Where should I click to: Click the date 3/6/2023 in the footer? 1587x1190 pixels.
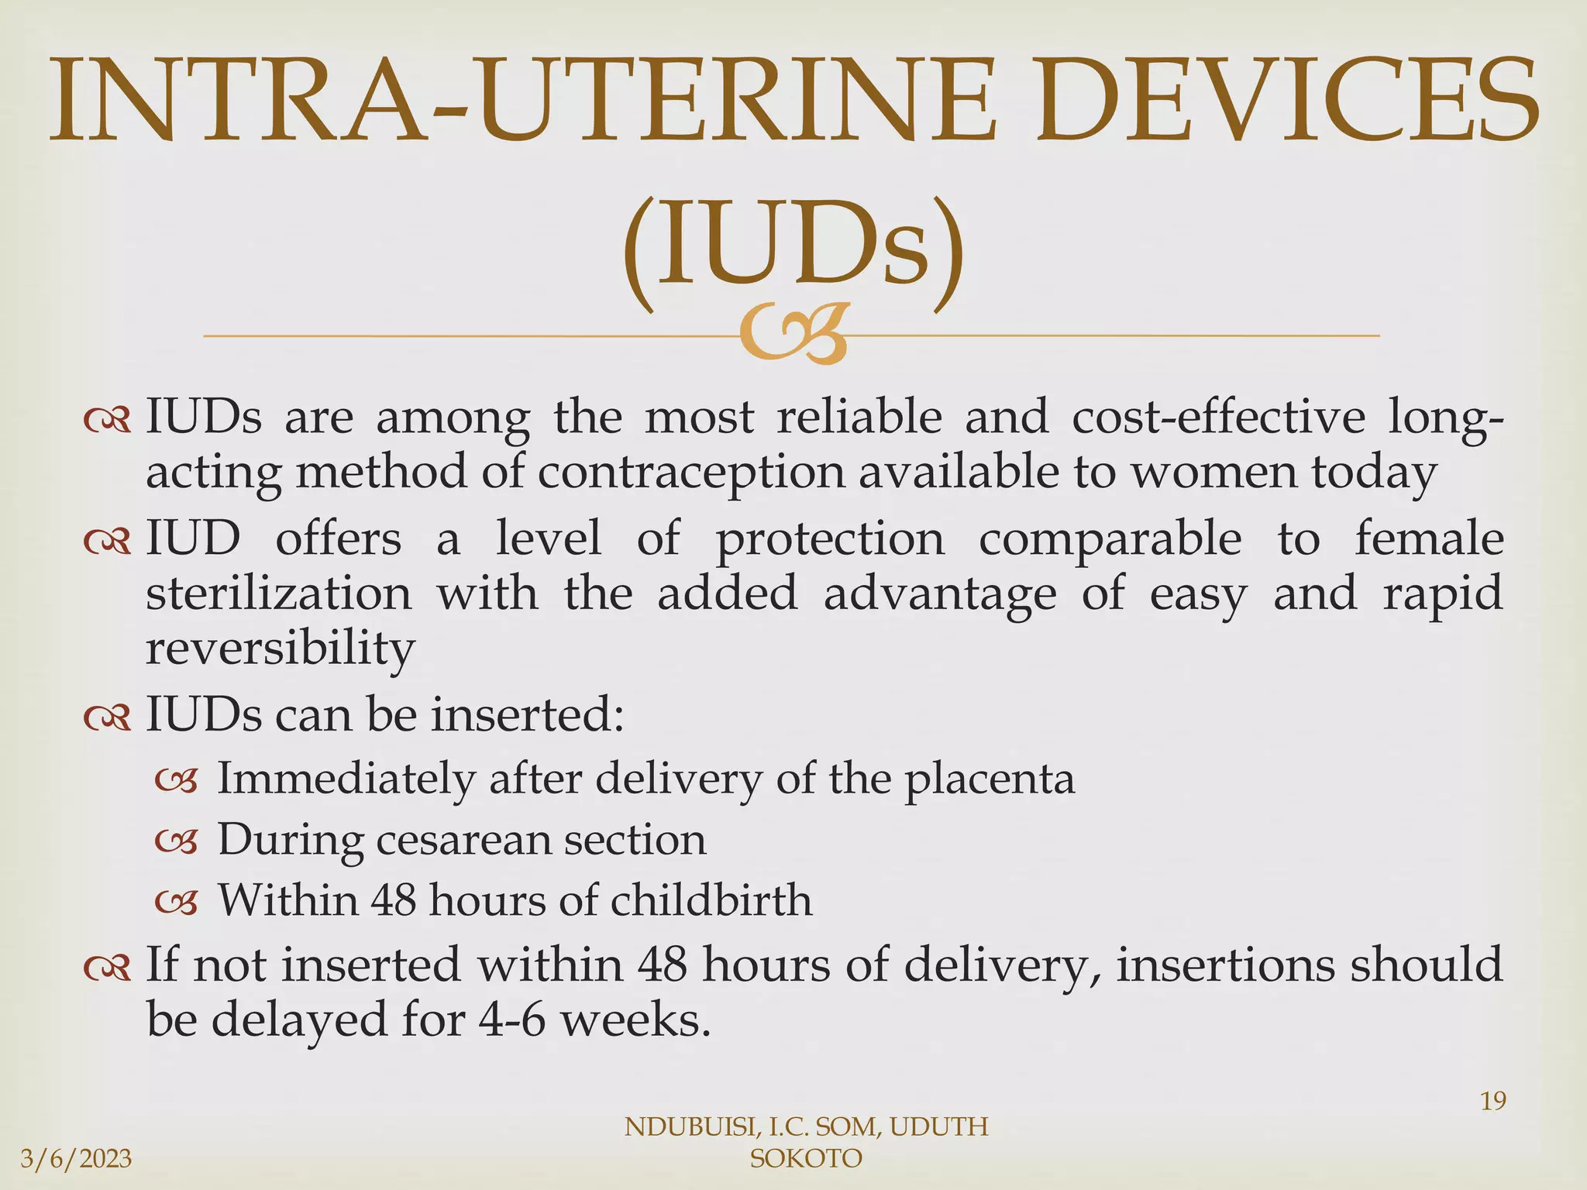(76, 1159)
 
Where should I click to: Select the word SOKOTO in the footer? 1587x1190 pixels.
(806, 1159)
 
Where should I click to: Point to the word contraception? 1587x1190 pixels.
(691, 473)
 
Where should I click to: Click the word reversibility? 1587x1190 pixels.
(281, 649)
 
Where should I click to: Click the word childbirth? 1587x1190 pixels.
(711, 900)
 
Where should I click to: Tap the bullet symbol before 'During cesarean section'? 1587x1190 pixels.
(177, 841)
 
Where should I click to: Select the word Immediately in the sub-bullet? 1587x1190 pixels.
(345, 779)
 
